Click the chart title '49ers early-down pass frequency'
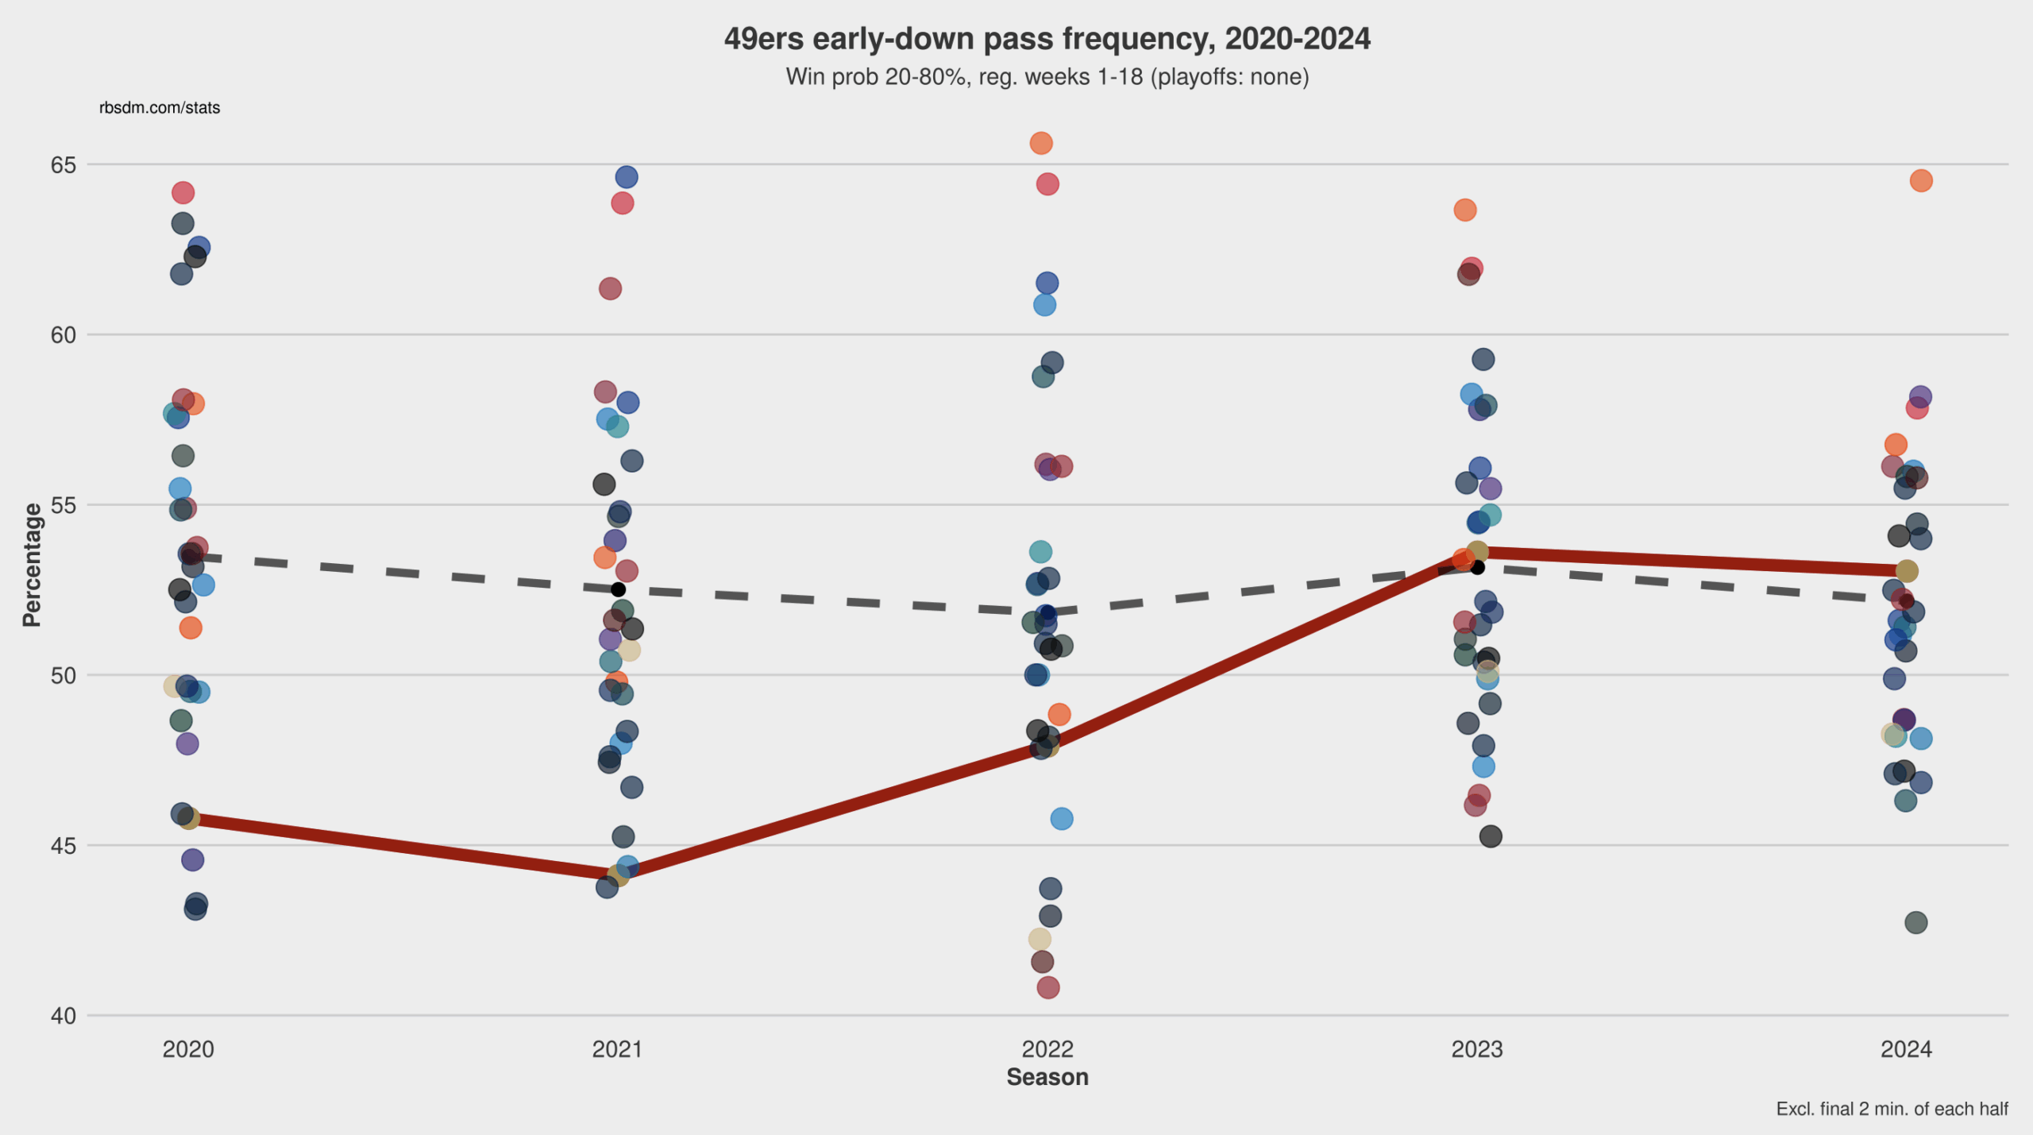(x=1047, y=39)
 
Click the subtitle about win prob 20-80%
(x=1047, y=77)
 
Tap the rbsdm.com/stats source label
(x=160, y=108)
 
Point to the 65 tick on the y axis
(x=64, y=165)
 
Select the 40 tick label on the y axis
(x=64, y=1016)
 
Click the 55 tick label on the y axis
(x=64, y=505)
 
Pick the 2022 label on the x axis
(x=1047, y=1049)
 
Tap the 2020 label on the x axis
(x=188, y=1049)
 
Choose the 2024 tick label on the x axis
(x=1906, y=1049)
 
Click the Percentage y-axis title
(x=32, y=565)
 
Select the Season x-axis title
(x=1047, y=1077)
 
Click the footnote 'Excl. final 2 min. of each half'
(x=1892, y=1109)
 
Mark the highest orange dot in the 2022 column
(x=1041, y=143)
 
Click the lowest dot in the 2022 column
(x=1047, y=987)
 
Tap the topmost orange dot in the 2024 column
(x=1921, y=181)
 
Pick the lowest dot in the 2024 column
(x=1916, y=922)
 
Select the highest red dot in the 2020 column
(x=183, y=192)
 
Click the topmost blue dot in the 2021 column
(x=627, y=177)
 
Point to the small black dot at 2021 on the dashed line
(x=618, y=589)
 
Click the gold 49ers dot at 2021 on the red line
(x=617, y=876)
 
